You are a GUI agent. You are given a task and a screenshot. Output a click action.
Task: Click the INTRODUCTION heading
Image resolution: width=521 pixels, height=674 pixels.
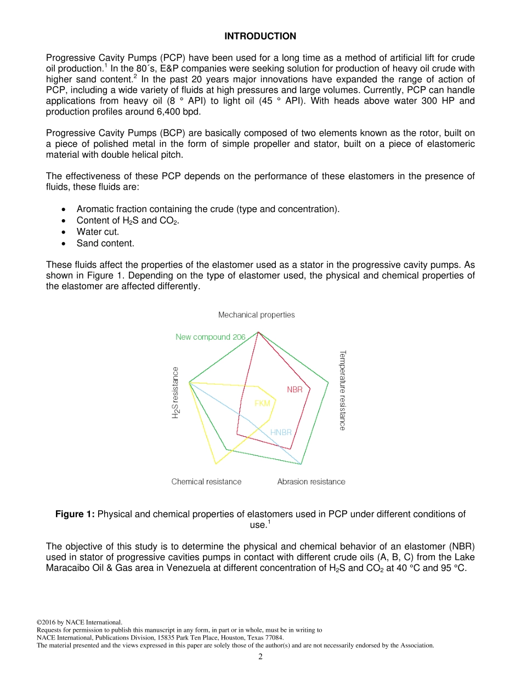260,36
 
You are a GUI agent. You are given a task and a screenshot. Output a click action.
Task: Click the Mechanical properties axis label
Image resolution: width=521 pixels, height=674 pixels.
256,315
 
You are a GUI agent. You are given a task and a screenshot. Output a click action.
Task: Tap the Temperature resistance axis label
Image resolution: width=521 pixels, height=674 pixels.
342,390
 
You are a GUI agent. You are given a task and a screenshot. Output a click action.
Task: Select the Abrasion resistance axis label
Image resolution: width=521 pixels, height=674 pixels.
311,482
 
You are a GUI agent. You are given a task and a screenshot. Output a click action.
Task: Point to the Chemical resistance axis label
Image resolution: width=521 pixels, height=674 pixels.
206,482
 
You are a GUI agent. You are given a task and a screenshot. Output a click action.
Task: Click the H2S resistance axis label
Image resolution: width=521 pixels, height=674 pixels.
175,392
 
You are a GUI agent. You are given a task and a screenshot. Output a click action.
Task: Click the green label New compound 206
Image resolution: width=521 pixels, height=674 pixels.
210,337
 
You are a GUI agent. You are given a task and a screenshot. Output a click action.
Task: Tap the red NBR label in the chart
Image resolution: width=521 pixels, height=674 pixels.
295,390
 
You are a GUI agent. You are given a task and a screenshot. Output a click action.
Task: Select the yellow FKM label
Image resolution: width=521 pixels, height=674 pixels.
262,403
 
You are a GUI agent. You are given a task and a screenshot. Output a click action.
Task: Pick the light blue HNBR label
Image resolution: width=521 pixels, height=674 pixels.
281,432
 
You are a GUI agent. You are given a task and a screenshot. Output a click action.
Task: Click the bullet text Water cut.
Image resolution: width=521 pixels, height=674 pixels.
98,232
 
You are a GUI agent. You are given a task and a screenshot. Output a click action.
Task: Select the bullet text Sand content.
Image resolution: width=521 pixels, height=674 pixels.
105,243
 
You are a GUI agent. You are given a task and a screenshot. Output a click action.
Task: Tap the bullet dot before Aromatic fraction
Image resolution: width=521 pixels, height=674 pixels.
65,209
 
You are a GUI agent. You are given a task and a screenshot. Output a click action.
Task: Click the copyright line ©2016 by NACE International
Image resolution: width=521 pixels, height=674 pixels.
79,622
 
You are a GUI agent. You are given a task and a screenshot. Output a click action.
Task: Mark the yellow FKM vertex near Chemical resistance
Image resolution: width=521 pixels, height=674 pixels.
216,464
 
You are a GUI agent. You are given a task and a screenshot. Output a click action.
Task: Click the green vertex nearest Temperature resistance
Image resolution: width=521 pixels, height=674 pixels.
328,382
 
